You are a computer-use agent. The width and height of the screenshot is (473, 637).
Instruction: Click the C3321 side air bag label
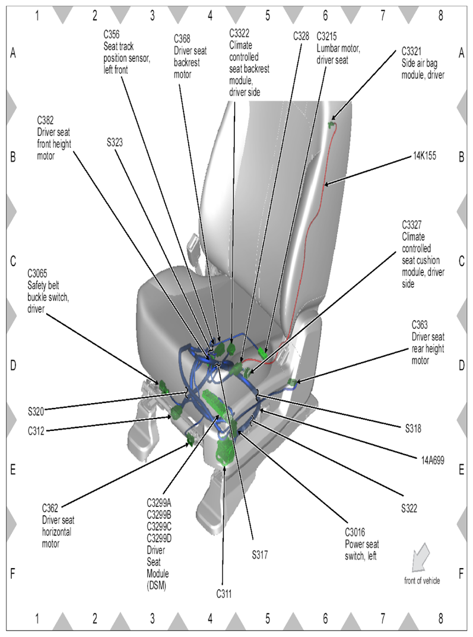point(423,63)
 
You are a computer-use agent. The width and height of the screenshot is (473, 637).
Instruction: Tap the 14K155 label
point(424,157)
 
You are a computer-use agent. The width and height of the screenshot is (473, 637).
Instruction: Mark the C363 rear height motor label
point(427,343)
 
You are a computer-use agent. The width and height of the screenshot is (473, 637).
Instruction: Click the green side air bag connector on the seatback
point(332,124)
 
